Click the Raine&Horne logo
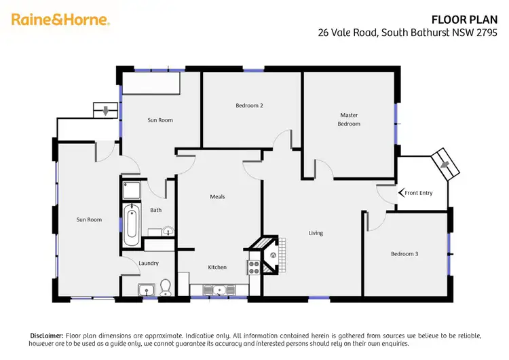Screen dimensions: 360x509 point(60,20)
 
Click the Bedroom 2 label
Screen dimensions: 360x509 point(249,105)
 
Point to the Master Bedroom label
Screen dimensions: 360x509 point(349,120)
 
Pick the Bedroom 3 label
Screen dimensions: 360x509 point(404,254)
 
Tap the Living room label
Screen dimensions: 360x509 point(316,233)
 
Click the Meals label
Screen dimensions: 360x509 point(217,197)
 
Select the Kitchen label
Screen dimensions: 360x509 point(217,267)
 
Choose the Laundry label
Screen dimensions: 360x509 point(149,263)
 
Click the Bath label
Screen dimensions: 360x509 point(155,210)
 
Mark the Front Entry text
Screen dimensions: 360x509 point(418,193)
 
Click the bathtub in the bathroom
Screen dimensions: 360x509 point(132,225)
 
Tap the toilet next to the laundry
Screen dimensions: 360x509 point(165,287)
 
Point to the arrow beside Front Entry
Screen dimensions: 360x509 point(400,193)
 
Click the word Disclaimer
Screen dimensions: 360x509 point(47,336)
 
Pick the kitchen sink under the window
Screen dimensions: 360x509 point(219,290)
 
